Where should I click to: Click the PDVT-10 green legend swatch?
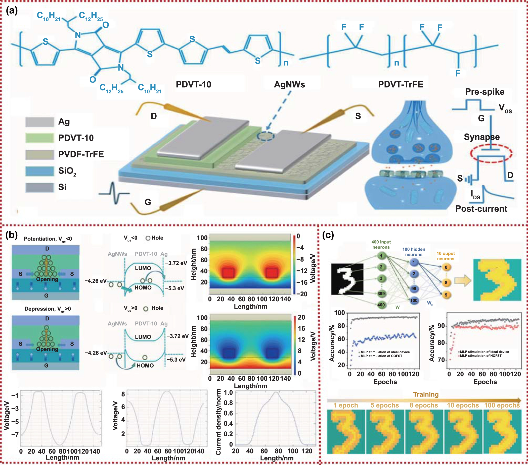[39, 138]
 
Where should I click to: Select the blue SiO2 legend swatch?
[39, 171]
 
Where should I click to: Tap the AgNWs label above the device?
[289, 84]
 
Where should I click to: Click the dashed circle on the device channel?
[266, 136]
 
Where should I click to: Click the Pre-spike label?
[485, 92]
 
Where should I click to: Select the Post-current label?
[481, 209]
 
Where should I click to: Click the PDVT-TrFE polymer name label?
[400, 84]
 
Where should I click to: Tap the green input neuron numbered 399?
[381, 294]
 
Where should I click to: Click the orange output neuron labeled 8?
[446, 282]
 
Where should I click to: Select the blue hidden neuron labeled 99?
[414, 288]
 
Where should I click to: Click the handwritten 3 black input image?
[347, 279]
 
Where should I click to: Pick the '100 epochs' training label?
[502, 405]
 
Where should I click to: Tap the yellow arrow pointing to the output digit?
[463, 281]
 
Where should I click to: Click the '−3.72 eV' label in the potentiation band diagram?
[176, 263]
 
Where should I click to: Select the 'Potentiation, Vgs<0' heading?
[48, 239]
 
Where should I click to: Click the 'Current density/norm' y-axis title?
[218, 422]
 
